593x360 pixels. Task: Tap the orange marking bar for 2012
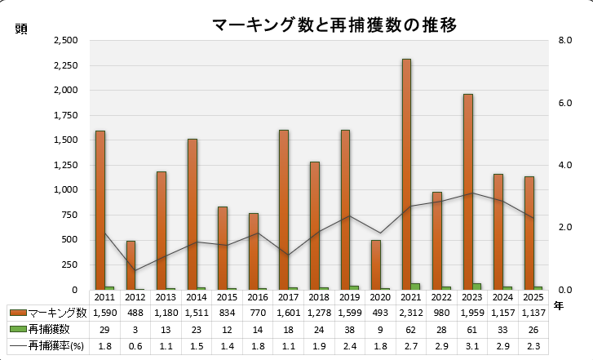click(131, 264)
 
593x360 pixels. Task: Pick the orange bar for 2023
click(467, 192)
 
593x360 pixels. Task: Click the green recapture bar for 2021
click(415, 286)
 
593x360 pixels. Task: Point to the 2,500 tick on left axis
click(64, 40)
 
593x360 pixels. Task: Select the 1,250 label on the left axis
click(64, 165)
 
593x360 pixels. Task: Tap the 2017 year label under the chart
click(288, 297)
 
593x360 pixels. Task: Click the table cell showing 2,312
click(410, 313)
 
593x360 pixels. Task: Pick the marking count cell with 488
click(135, 313)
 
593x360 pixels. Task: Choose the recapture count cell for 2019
click(349, 329)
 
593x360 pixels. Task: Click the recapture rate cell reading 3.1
click(471, 346)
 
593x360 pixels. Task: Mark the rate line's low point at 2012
click(135, 271)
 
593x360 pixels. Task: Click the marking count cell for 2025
click(533, 313)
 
